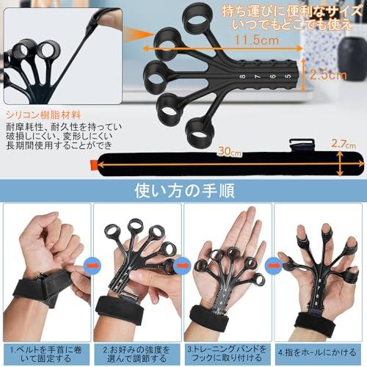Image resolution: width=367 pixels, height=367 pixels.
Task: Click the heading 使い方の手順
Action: click(183, 192)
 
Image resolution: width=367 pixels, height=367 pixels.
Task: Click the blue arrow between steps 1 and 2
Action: click(92, 262)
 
